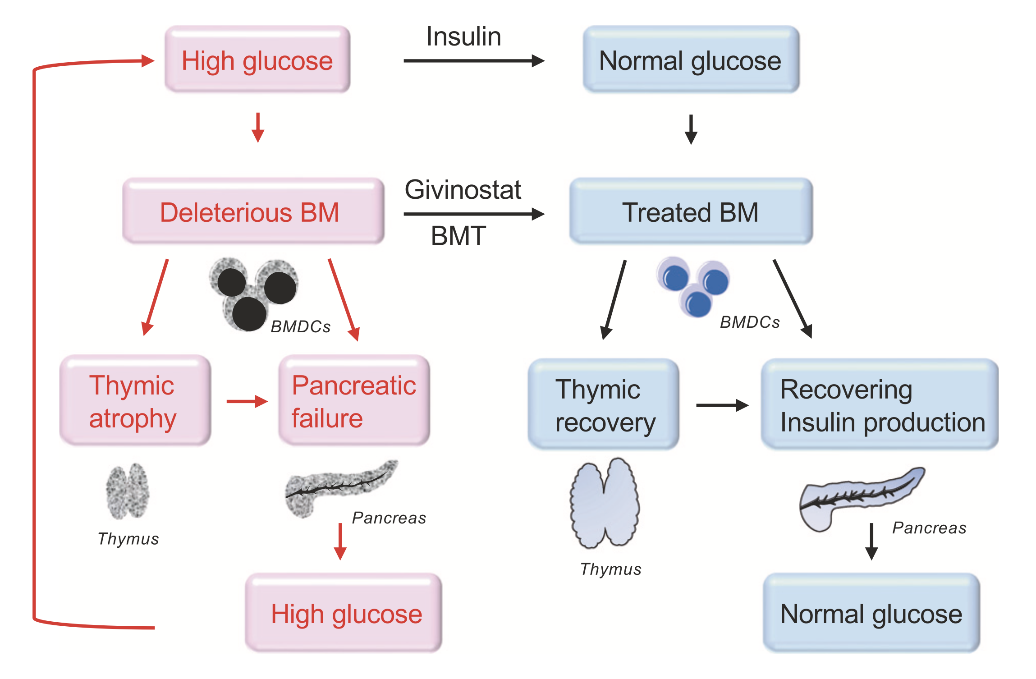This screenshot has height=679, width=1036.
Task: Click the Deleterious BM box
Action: click(253, 211)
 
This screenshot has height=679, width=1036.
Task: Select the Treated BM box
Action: click(691, 211)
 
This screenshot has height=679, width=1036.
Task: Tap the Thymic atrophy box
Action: click(135, 401)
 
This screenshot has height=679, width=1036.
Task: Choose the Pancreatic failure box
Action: click(354, 401)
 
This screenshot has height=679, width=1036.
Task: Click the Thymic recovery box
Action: click(604, 404)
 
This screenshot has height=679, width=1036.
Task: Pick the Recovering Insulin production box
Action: click(879, 404)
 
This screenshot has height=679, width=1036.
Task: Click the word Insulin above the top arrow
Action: click(463, 37)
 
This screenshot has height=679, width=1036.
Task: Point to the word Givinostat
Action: click(463, 189)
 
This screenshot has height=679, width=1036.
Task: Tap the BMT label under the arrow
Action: click(458, 236)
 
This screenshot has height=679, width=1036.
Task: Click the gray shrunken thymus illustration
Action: click(128, 491)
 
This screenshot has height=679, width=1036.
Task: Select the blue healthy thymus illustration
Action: click(605, 503)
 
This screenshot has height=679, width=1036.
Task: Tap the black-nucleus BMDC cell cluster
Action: click(252, 293)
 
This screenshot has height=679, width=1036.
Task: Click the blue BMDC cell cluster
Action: click(693, 286)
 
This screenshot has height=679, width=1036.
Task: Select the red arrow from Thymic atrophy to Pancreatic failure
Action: click(247, 401)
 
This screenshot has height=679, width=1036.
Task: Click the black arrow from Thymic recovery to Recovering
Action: click(722, 405)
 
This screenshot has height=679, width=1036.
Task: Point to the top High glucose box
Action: click(257, 60)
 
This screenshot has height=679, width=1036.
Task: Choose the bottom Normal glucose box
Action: click(871, 613)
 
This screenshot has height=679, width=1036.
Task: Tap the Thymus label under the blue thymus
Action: click(610, 569)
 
